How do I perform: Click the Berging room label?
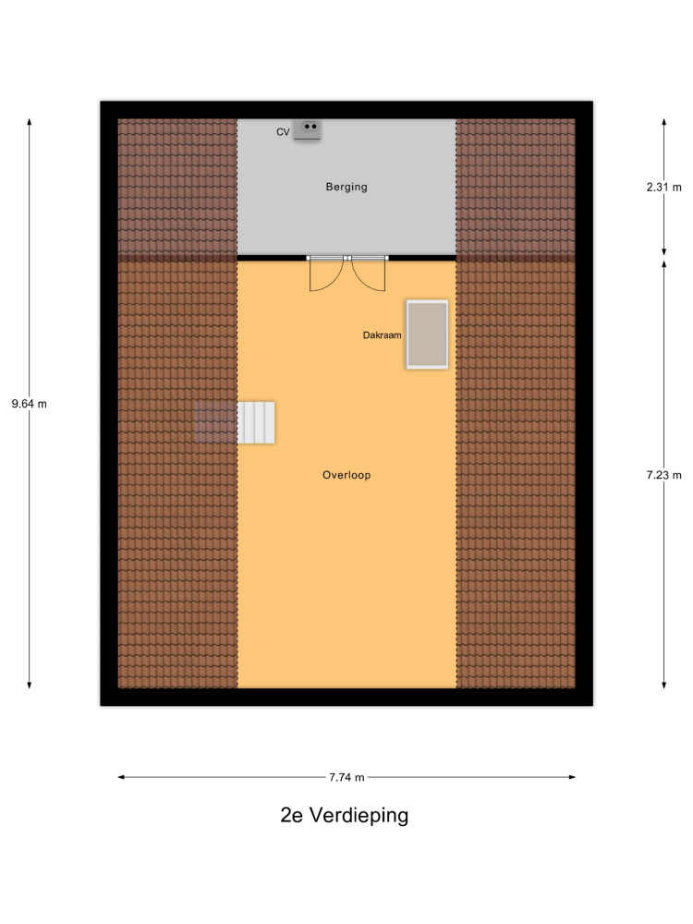pyautogui.click(x=346, y=187)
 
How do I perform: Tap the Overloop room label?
pyautogui.click(x=346, y=475)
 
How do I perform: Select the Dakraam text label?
pyautogui.click(x=382, y=335)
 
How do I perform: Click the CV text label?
pyautogui.click(x=283, y=132)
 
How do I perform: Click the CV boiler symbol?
pyautogui.click(x=308, y=129)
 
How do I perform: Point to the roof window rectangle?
pyautogui.click(x=427, y=334)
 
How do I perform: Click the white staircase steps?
pyautogui.click(x=256, y=422)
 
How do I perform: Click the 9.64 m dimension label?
pyautogui.click(x=30, y=405)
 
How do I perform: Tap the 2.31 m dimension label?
pyautogui.click(x=663, y=188)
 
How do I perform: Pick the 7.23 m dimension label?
pyautogui.click(x=663, y=475)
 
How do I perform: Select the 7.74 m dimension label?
pyautogui.click(x=346, y=777)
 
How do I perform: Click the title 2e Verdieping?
pyautogui.click(x=344, y=815)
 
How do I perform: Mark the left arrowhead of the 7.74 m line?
pyautogui.click(x=121, y=777)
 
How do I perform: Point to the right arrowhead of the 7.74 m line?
pyautogui.click(x=572, y=777)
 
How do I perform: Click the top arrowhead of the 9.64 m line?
pyautogui.click(x=30, y=122)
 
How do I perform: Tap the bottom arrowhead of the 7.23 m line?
pyautogui.click(x=664, y=685)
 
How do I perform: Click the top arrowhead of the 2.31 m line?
pyautogui.click(x=664, y=122)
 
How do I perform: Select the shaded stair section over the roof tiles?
pyautogui.click(x=215, y=422)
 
